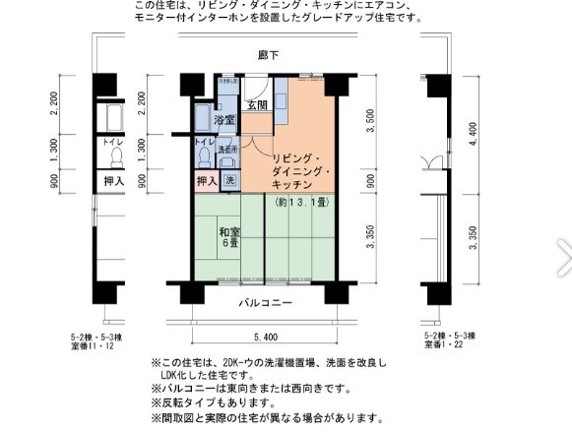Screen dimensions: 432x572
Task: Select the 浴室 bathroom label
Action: point(224,119)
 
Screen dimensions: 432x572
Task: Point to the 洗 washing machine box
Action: point(229,180)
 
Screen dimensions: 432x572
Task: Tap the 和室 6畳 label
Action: point(229,238)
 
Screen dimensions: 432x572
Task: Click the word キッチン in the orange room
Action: point(291,185)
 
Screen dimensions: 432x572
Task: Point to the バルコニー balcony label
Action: point(264,303)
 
